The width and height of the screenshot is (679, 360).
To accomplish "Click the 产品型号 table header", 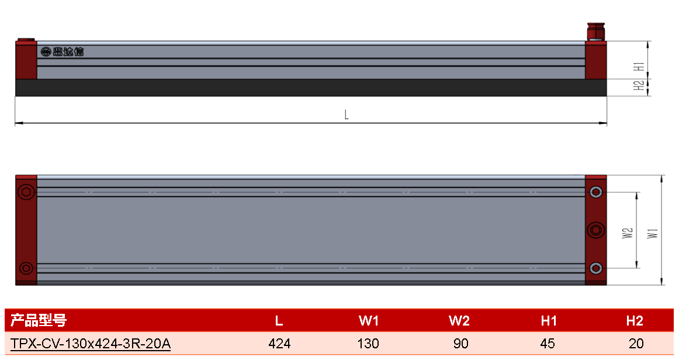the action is [x=39, y=321].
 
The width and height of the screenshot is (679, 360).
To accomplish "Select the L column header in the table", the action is [x=279, y=321].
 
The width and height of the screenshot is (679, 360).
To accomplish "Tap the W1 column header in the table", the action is [x=369, y=321].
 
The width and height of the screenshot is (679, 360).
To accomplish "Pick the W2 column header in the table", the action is [x=459, y=321].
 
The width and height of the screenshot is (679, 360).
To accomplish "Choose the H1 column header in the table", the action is [x=549, y=321].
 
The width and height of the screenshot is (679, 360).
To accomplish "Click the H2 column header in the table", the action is [x=635, y=321].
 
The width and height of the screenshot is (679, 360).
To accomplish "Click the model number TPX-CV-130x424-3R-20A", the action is [x=91, y=344].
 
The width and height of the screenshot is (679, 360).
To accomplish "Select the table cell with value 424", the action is [x=279, y=344].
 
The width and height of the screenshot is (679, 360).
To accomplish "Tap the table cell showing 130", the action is [x=368, y=344].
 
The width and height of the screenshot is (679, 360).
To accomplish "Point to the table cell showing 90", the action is [x=460, y=344].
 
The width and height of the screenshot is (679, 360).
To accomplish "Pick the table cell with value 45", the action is [x=548, y=344].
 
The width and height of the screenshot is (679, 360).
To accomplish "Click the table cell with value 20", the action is [x=636, y=344].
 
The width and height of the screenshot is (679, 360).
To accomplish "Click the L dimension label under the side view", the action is [x=346, y=115].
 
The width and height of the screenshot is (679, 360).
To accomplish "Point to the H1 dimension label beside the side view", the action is [x=639, y=67].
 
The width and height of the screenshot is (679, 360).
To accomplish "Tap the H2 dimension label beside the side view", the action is [x=639, y=86].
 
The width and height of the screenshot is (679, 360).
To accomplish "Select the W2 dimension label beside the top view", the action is [x=628, y=233].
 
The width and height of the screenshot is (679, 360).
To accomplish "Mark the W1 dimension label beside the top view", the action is [x=653, y=233].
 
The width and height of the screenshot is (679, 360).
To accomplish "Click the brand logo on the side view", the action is [x=62, y=52].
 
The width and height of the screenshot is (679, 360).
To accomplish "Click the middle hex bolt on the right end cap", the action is [x=596, y=230].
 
